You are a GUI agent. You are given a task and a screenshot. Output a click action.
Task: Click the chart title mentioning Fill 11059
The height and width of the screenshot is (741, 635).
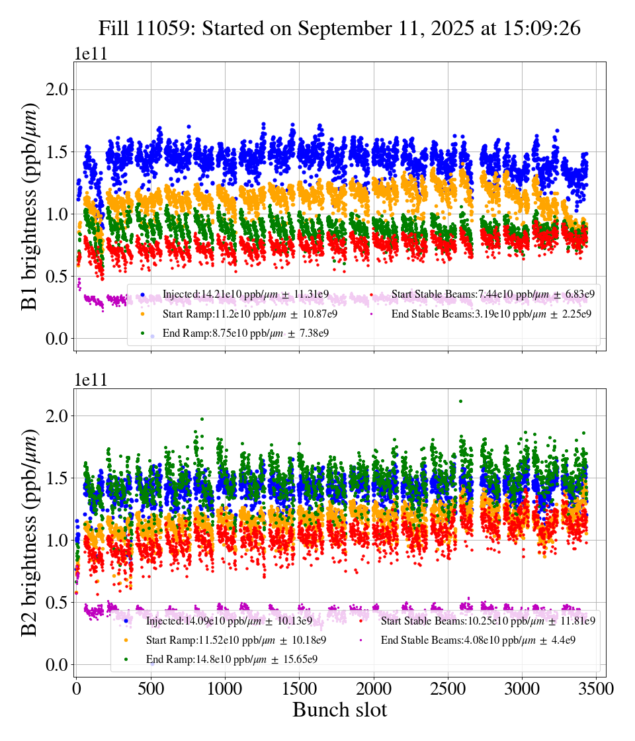(x=339, y=28)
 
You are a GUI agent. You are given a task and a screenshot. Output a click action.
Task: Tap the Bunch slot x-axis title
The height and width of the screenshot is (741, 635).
(x=339, y=710)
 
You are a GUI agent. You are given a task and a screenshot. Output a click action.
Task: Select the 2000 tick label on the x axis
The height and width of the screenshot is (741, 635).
(x=374, y=689)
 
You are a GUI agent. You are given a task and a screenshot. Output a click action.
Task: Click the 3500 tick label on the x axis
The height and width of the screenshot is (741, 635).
(x=597, y=689)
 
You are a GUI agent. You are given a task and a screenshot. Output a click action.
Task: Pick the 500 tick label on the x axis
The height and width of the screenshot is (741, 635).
(x=151, y=689)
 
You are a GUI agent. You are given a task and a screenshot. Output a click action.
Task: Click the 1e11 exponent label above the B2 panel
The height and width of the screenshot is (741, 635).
(x=91, y=380)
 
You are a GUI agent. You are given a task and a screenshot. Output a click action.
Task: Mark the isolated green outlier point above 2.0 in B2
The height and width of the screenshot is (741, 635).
(x=460, y=401)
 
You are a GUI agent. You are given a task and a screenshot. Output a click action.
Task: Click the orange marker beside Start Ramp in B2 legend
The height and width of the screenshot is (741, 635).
(x=126, y=640)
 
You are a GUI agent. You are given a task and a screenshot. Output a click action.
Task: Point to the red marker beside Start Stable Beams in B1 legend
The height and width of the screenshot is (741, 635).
(x=372, y=294)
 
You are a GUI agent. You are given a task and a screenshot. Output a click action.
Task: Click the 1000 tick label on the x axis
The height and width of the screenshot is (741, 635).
(x=225, y=689)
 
